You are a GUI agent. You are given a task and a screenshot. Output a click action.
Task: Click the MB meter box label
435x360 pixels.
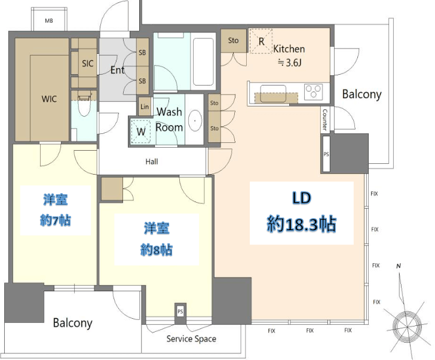tap(49, 21)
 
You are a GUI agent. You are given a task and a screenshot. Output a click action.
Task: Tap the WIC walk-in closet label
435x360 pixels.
tap(49, 99)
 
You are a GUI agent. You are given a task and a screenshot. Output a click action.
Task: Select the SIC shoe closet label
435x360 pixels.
tap(88, 63)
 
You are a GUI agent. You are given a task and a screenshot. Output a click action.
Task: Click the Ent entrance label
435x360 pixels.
tap(117, 70)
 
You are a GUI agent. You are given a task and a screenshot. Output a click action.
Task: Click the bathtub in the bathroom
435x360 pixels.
tap(203, 62)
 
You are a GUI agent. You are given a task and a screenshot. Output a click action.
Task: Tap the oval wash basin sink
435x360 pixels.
tap(195, 121)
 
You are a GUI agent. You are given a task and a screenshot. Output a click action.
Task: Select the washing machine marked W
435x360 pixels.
tap(140, 131)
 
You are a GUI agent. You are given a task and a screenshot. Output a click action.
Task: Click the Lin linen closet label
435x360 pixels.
tap(145, 106)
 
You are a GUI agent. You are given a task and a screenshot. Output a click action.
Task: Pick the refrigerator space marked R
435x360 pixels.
tap(261, 41)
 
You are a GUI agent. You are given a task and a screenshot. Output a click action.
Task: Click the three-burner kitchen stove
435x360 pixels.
tap(314, 91)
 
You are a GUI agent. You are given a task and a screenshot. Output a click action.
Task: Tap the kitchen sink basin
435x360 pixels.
tap(273, 93)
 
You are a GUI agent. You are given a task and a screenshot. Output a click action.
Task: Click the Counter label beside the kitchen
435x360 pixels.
tap(325, 120)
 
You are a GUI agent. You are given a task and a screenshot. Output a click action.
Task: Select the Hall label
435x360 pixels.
tap(152, 161)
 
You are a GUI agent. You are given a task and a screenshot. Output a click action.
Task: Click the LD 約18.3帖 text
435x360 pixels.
tap(302, 212)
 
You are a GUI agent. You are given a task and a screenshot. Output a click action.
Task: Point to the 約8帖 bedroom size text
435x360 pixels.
tap(157, 250)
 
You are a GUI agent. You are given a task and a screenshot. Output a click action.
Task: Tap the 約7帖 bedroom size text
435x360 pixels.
tap(56, 221)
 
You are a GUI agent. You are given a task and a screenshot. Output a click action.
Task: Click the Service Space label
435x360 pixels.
tap(191, 339)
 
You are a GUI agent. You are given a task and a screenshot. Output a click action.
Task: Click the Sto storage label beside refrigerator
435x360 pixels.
tap(233, 41)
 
